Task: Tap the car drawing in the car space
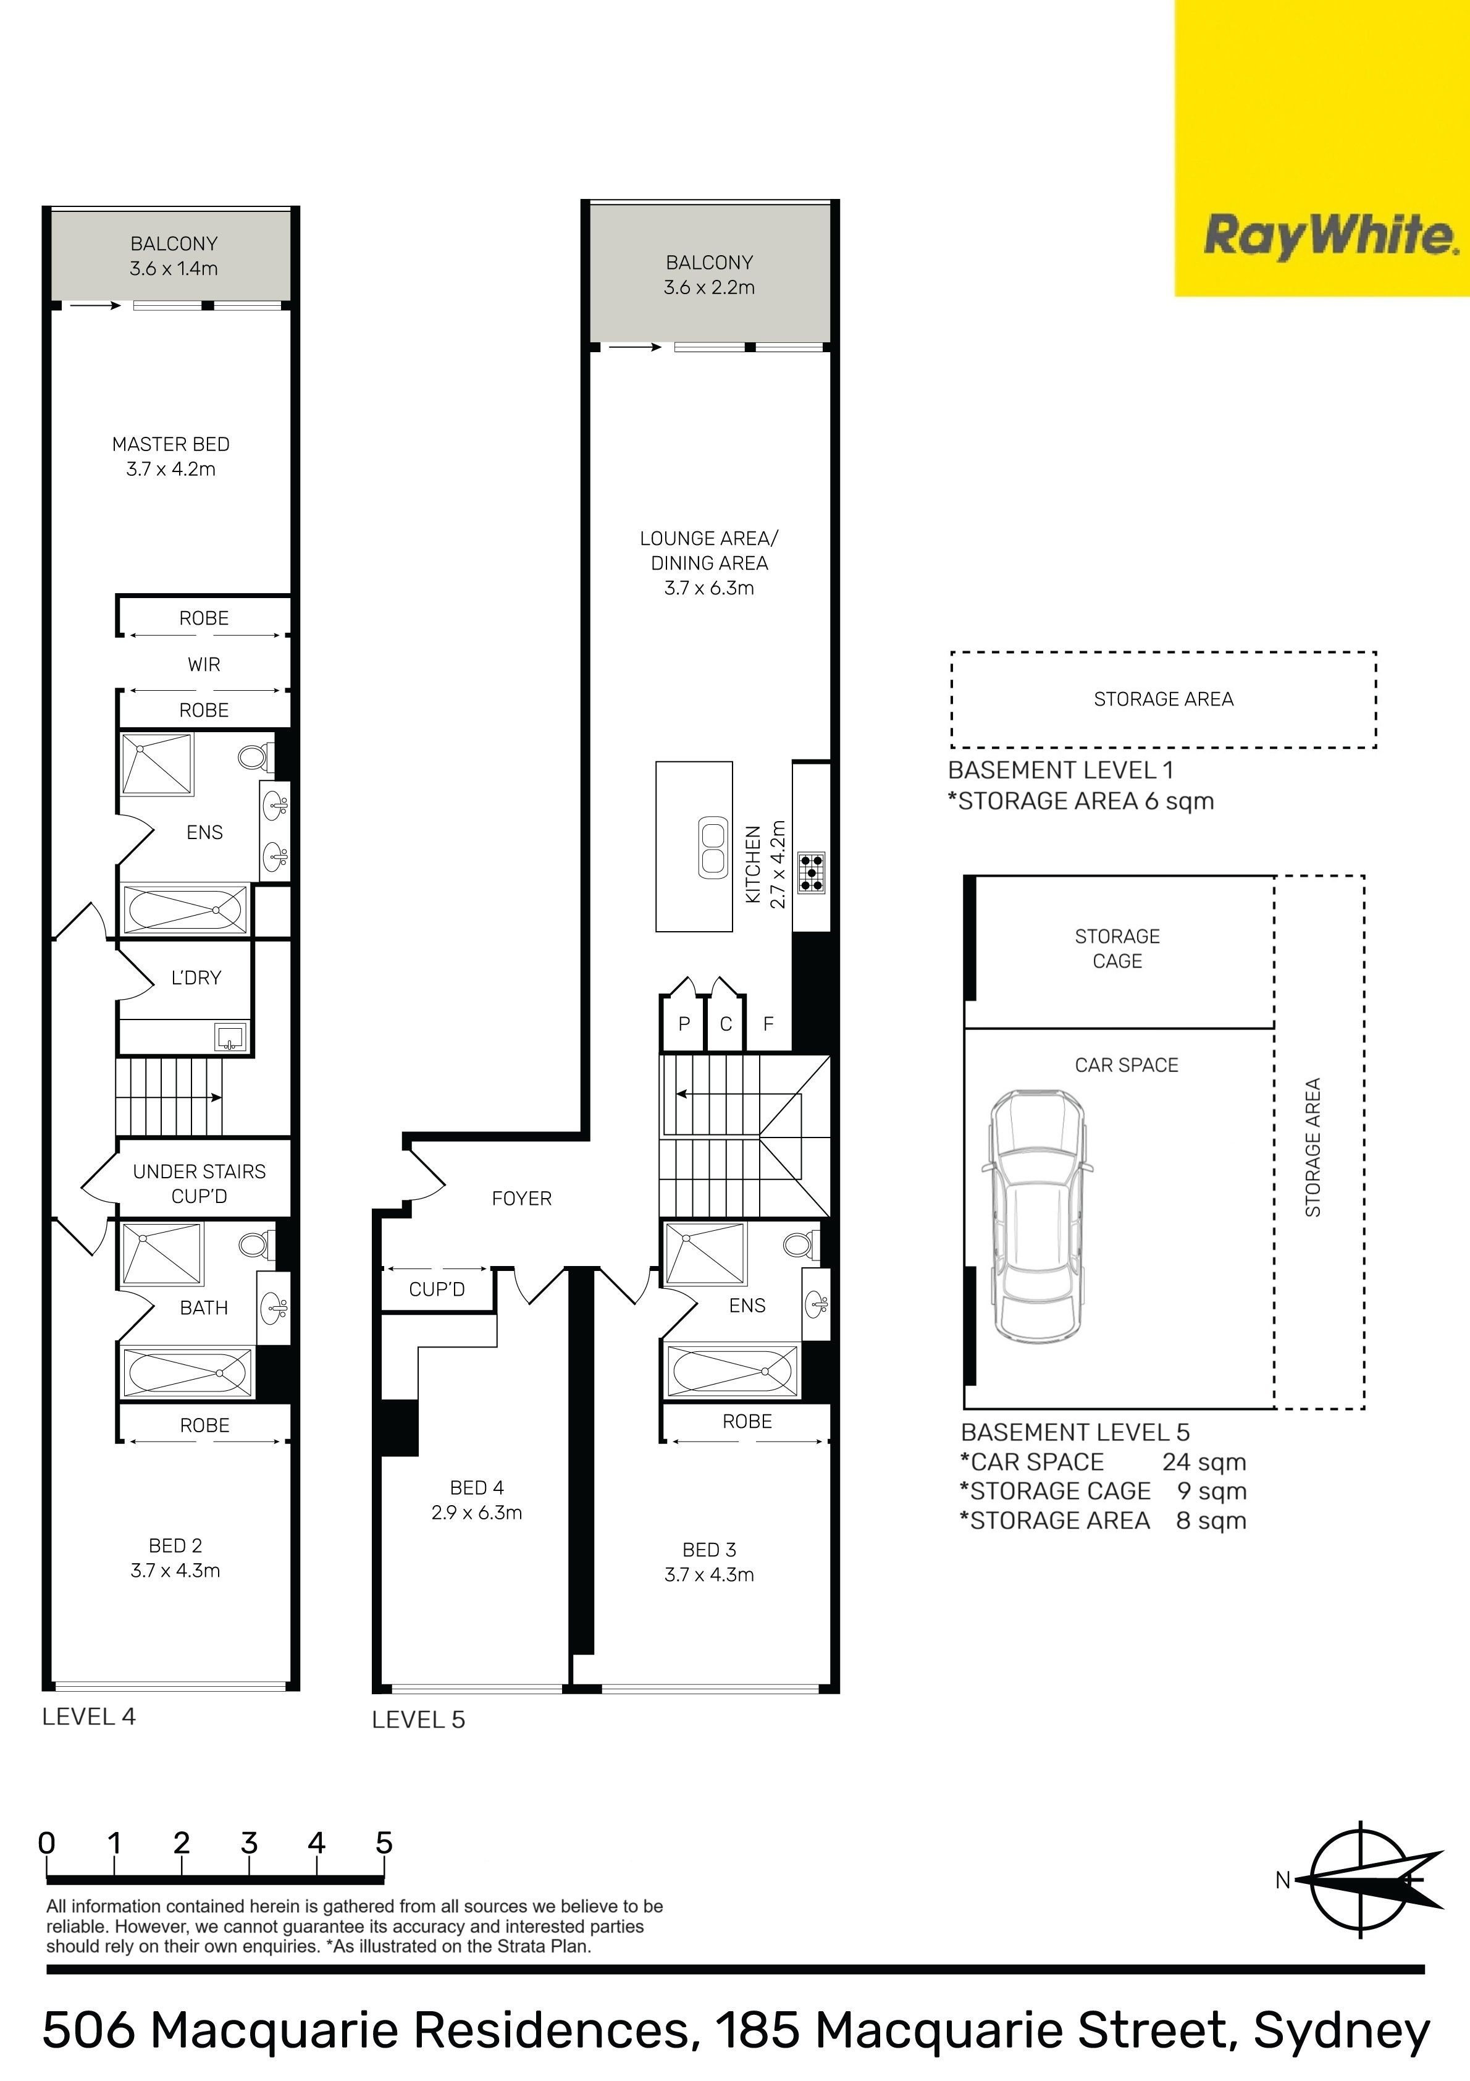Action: pos(1037,1217)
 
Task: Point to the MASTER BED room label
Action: pos(170,444)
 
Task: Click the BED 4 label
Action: pos(477,1487)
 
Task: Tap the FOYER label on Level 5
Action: pos(521,1198)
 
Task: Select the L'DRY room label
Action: pos(196,977)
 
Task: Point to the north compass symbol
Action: pos(1363,1880)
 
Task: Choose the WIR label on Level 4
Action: pos(204,664)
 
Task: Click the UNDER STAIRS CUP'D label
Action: pos(199,1184)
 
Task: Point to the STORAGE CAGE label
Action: pos(1117,948)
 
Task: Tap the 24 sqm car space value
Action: pos(1204,1462)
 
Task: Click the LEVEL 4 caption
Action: pos(89,1716)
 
